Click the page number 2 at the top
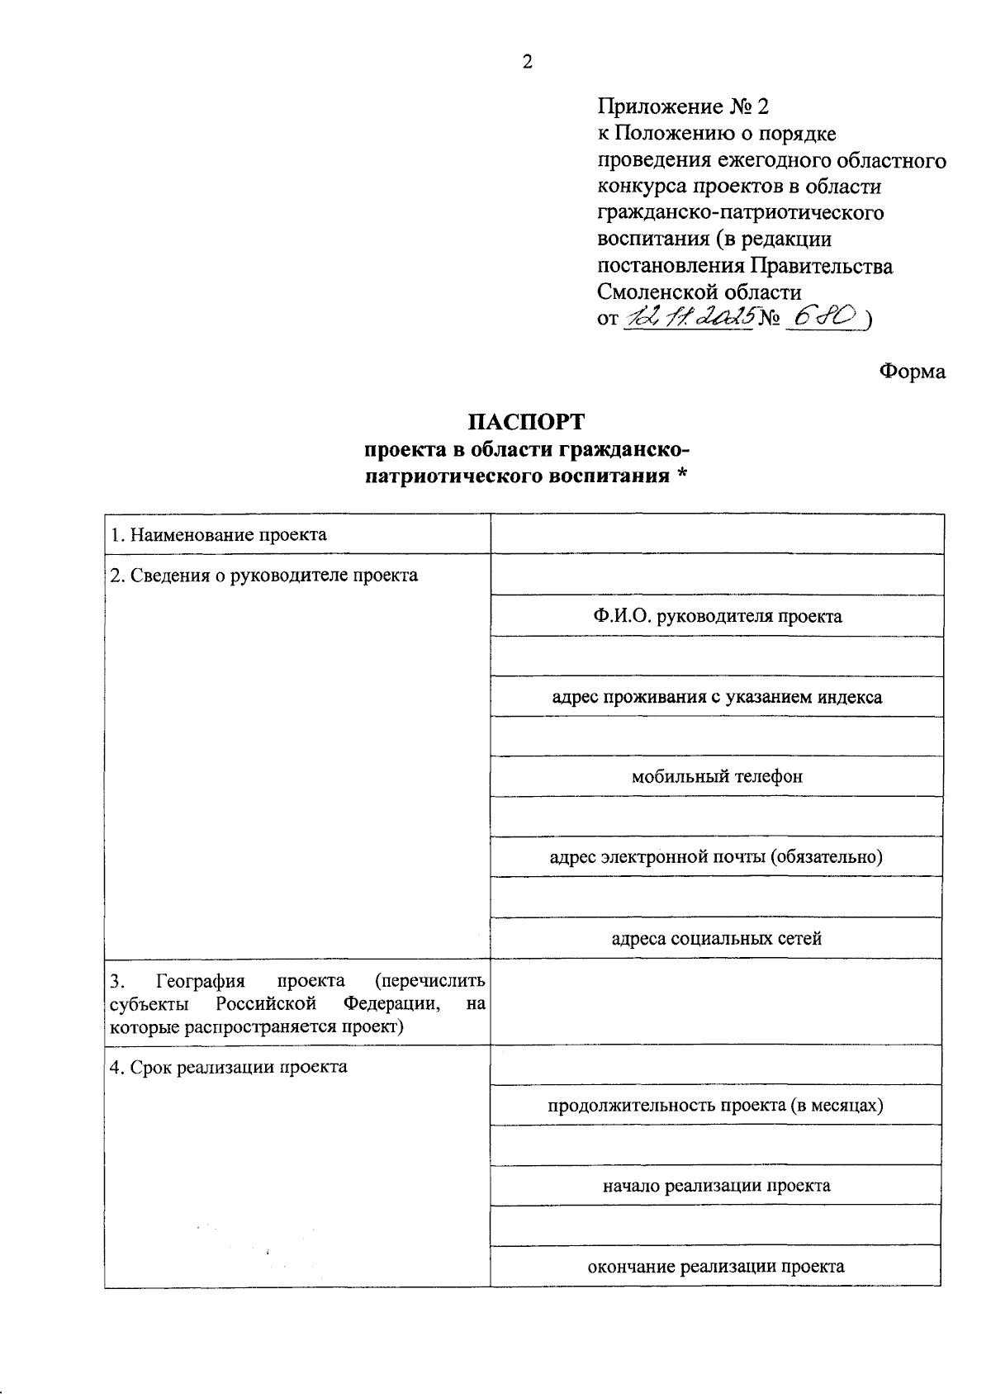point(528,63)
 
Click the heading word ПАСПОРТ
point(525,422)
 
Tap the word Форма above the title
point(912,372)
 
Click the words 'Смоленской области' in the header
point(699,291)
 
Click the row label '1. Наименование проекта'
point(219,534)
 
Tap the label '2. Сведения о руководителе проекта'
point(264,575)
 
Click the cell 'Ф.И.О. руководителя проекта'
point(717,616)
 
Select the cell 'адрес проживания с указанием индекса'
point(717,697)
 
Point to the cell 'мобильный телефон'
point(717,776)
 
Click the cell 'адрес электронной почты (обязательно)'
point(717,857)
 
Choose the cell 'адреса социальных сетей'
point(717,938)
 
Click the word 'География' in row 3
point(201,981)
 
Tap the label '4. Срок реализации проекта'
point(229,1067)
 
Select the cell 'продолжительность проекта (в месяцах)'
point(715,1105)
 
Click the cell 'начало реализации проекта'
point(717,1186)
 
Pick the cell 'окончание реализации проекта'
point(715,1267)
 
